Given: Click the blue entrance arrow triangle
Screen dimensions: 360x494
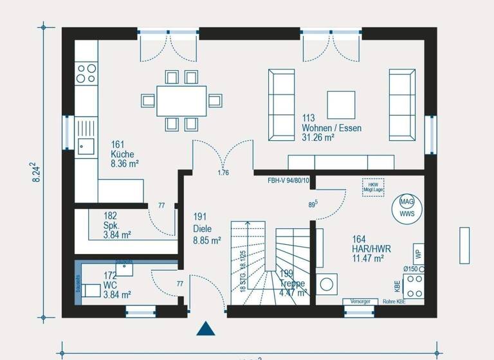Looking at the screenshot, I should pyautogui.click(x=205, y=329).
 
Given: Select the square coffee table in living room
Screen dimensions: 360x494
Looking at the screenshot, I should pyautogui.click(x=341, y=104).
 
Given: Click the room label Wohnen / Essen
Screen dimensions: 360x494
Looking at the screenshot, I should pyautogui.click(x=331, y=128).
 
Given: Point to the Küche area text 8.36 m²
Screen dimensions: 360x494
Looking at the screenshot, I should pyautogui.click(x=125, y=164).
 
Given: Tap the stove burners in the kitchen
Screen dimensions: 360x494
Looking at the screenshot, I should pyautogui.click(x=86, y=73).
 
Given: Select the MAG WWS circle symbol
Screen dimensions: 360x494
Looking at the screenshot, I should pyautogui.click(x=407, y=207).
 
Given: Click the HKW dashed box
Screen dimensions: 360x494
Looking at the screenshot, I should pyautogui.click(x=372, y=186).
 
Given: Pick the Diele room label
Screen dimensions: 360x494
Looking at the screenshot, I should pyautogui.click(x=202, y=228).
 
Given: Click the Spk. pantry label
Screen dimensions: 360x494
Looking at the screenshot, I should pyautogui.click(x=111, y=226).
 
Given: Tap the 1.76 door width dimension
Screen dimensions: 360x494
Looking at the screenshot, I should pyautogui.click(x=223, y=173).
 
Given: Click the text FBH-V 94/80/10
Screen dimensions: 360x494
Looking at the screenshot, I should pyautogui.click(x=288, y=181).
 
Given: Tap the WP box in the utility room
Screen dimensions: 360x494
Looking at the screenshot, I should pyautogui.click(x=417, y=252).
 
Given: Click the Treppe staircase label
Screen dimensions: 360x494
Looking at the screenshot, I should pyautogui.click(x=293, y=283).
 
